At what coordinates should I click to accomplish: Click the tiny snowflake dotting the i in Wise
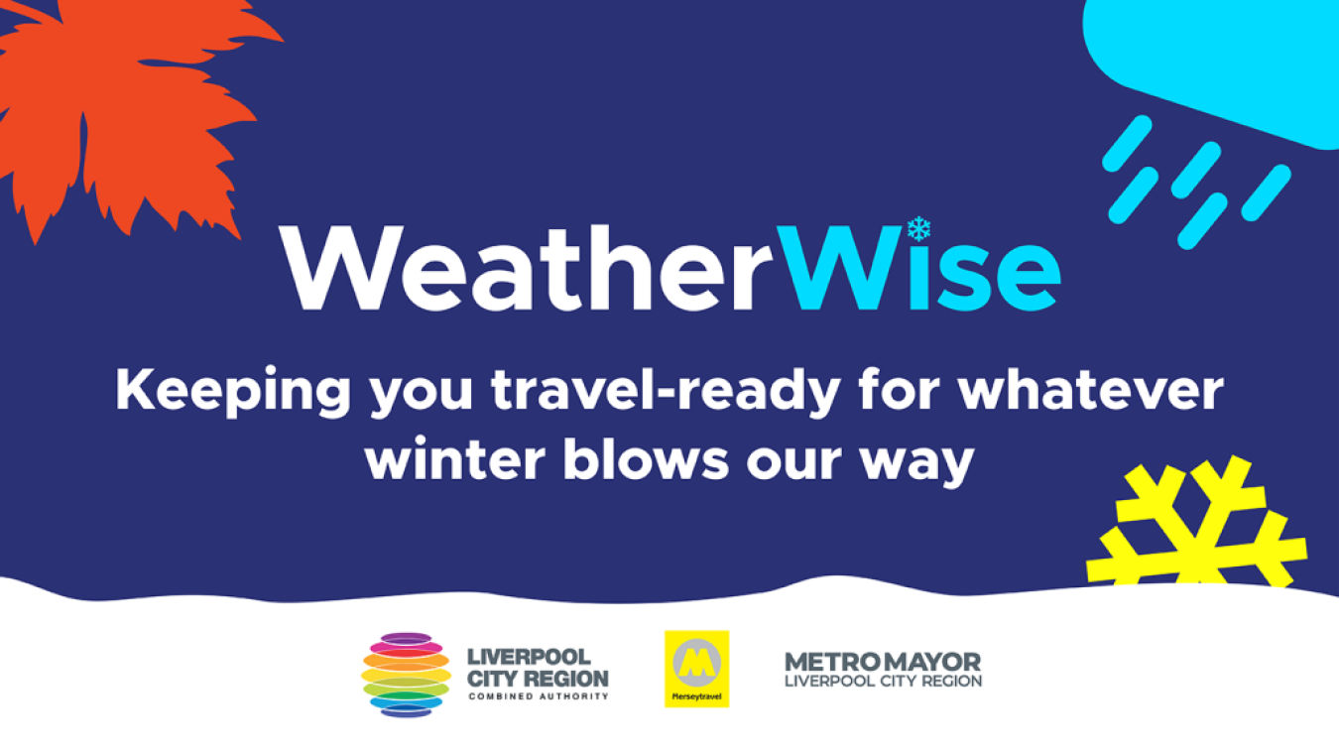(918, 229)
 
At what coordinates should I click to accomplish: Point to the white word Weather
(526, 268)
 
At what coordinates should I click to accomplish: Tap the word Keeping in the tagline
(233, 391)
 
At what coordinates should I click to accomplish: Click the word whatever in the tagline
(1091, 390)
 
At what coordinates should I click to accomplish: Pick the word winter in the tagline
(455, 459)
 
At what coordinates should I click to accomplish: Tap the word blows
(646, 458)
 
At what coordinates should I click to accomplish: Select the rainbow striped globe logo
(407, 675)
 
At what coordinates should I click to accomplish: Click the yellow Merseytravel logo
(697, 669)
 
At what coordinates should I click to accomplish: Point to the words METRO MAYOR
(883, 662)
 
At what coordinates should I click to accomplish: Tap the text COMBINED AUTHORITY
(539, 696)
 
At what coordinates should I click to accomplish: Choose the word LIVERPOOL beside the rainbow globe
(529, 657)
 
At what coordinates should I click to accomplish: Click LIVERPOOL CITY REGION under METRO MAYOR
(883, 681)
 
